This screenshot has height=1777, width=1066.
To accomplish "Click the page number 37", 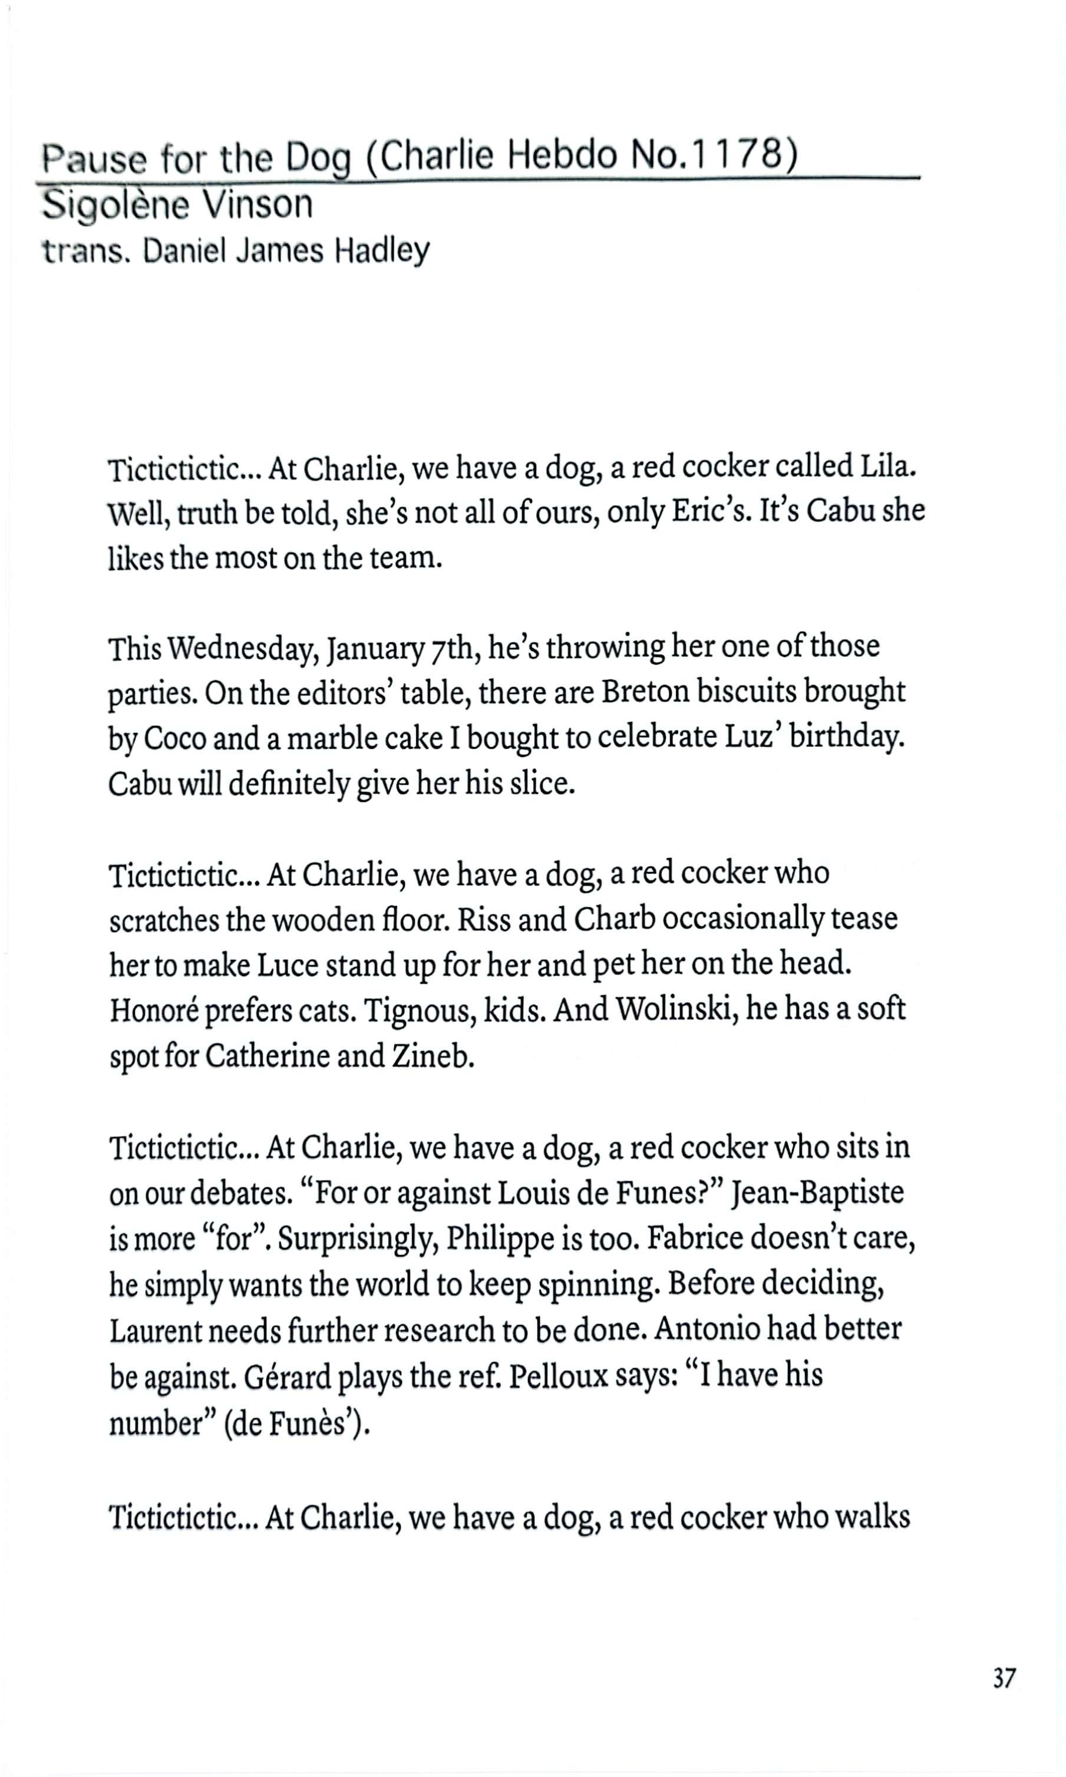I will (x=1004, y=1678).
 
